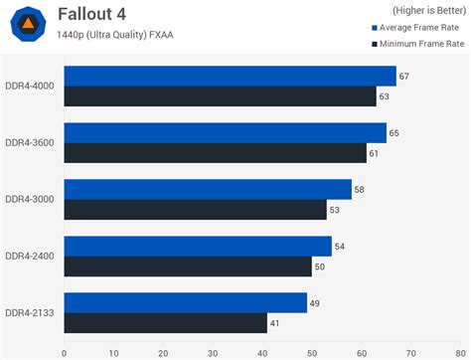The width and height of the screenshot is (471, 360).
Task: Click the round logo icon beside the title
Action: [30, 25]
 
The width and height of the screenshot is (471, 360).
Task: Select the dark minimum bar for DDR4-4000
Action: [220, 96]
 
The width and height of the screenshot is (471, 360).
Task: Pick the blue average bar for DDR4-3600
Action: [225, 133]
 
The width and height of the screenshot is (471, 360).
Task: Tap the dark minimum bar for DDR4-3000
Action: [195, 210]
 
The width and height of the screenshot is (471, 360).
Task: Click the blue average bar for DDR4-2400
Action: [197, 247]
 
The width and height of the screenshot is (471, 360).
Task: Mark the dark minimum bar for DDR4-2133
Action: [165, 323]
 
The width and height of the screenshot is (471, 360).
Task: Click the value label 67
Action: [404, 77]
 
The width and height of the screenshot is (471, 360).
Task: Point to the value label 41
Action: [275, 323]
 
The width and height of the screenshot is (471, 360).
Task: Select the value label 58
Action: [360, 190]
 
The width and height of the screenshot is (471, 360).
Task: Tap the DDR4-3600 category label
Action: [30, 143]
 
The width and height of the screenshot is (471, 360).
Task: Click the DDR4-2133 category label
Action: [30, 313]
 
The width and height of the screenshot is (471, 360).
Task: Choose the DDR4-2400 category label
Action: [30, 257]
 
